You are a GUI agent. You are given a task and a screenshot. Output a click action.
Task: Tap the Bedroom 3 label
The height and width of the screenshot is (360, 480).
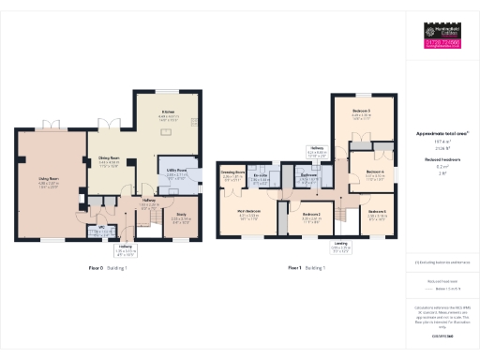click(x=362, y=112)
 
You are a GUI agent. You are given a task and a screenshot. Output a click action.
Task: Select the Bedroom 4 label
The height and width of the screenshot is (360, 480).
click(x=375, y=171)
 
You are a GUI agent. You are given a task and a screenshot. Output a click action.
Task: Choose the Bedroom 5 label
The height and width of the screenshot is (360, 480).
click(x=377, y=213)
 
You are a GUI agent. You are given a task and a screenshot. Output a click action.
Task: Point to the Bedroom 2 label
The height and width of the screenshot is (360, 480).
click(x=312, y=215)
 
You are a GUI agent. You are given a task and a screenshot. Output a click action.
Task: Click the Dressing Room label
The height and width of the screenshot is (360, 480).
click(x=232, y=172)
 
